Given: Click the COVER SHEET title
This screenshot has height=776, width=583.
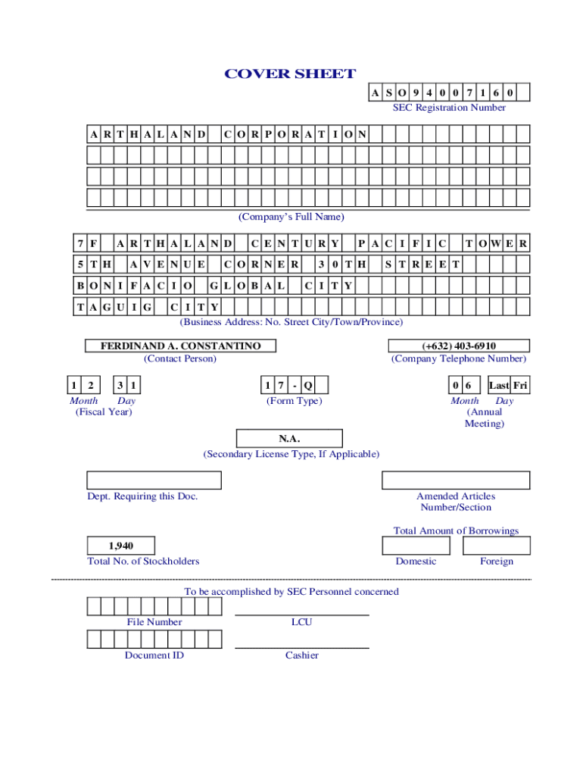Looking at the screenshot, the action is click(x=290, y=74).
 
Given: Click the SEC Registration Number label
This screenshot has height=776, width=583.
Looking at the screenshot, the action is click(x=449, y=108).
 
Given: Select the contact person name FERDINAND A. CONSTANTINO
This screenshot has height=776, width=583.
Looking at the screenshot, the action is click(x=180, y=346).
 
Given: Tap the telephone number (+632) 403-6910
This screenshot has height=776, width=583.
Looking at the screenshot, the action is click(x=459, y=346).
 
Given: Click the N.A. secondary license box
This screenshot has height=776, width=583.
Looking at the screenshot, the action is click(x=289, y=439).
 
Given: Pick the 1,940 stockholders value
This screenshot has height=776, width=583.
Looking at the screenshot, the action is click(x=121, y=546).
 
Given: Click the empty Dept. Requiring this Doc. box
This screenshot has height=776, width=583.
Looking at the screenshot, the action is click(x=154, y=480).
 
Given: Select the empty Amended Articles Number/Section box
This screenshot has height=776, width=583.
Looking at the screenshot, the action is click(x=456, y=480).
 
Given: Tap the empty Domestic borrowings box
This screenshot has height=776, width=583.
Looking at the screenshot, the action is click(x=416, y=546).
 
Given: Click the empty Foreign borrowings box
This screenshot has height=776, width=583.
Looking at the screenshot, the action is click(x=497, y=546).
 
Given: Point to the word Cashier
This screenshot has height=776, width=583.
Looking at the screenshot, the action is click(x=301, y=656).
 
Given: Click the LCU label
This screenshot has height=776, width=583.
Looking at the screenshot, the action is click(x=301, y=622).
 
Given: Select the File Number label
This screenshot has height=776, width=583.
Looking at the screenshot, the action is click(x=154, y=622).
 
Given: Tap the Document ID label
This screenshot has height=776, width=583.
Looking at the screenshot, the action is click(x=154, y=656).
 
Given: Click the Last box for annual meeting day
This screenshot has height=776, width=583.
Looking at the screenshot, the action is click(x=499, y=385).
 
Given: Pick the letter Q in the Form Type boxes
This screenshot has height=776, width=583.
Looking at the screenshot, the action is click(x=308, y=385).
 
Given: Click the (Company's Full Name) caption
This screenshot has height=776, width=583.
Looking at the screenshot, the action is click(x=291, y=217).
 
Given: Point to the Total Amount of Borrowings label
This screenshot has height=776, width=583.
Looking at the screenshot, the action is click(x=456, y=530).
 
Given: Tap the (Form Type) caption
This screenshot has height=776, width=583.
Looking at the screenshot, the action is click(x=295, y=401).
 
